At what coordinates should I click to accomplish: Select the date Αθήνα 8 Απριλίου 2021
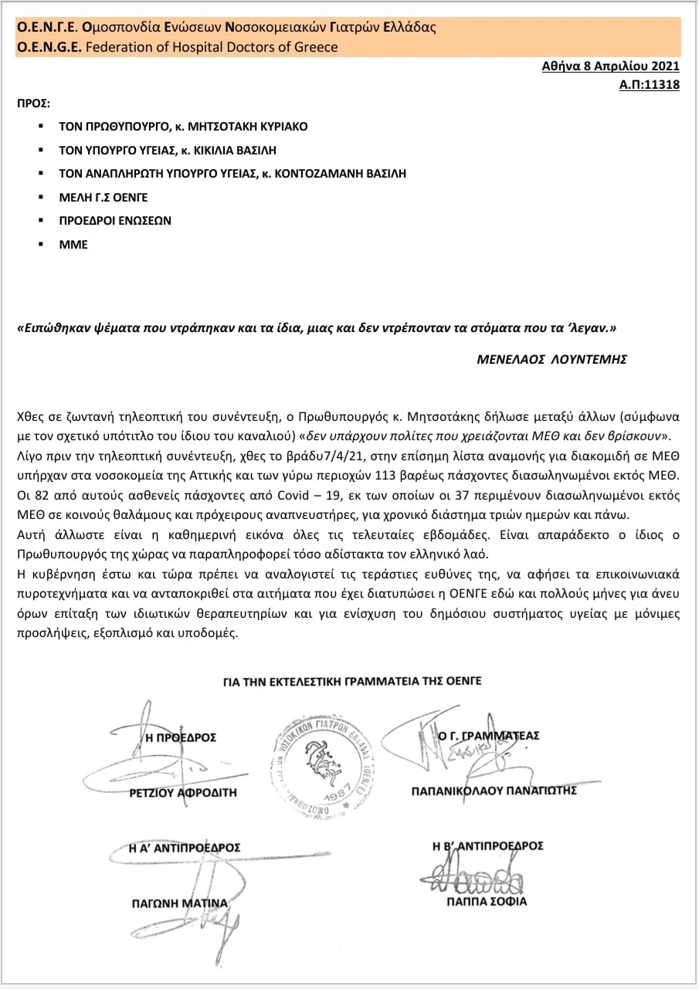pyautogui.click(x=611, y=67)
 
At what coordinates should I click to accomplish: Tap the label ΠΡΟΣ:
pyautogui.click(x=33, y=102)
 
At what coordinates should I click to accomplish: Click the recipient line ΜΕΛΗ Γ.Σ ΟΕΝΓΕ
pyautogui.click(x=103, y=197)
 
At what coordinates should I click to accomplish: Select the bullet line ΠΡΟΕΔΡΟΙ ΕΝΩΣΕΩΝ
pyautogui.click(x=115, y=220)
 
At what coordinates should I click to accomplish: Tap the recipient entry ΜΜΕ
pyautogui.click(x=73, y=244)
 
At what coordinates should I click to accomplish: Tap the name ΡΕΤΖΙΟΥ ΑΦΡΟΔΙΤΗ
pyautogui.click(x=183, y=792)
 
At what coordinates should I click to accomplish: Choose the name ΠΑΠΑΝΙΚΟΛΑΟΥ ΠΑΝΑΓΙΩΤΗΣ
pyautogui.click(x=494, y=791)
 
